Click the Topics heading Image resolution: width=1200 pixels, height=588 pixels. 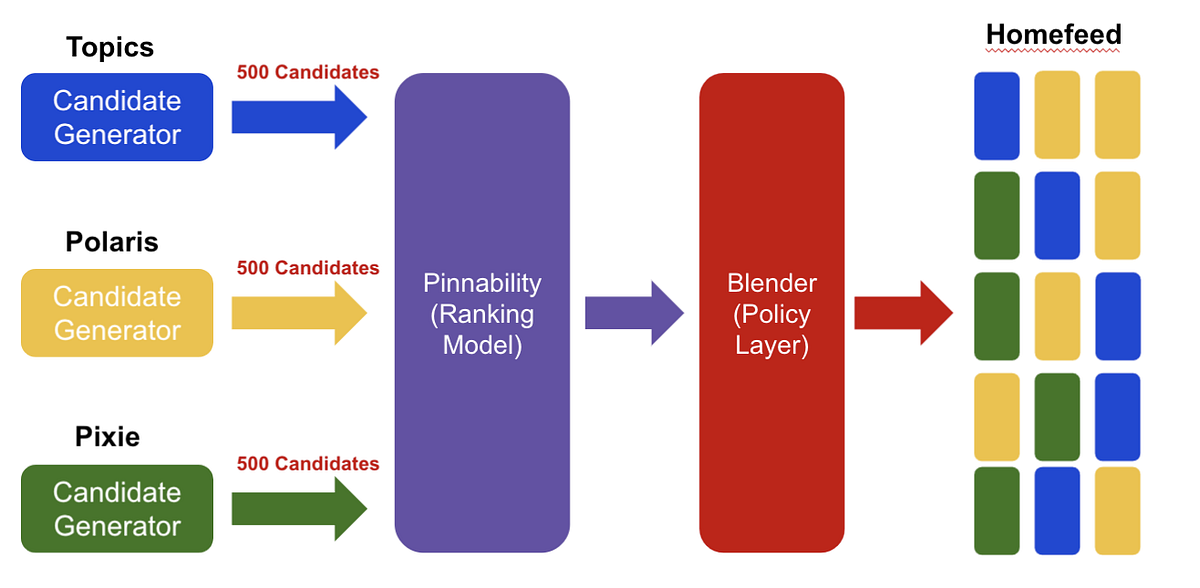tap(110, 47)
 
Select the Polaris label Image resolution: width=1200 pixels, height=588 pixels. tap(112, 242)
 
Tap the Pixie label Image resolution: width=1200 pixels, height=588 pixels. tap(107, 437)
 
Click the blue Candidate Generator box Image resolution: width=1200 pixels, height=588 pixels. tap(117, 117)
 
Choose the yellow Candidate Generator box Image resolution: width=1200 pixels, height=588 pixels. tap(117, 313)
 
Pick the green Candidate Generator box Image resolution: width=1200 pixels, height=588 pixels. tap(117, 509)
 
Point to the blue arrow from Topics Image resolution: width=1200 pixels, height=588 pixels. tap(298, 117)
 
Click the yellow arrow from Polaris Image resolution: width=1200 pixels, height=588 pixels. tap(298, 313)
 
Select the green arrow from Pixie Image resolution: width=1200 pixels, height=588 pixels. tap(298, 509)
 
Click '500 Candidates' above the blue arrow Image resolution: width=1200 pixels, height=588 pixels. tap(308, 72)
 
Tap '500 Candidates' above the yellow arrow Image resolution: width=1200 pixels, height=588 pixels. tap(308, 268)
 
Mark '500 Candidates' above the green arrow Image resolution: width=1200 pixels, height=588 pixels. tap(308, 464)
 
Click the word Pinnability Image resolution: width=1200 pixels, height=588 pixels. tap(482, 283)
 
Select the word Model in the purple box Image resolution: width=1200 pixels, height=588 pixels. tap(482, 346)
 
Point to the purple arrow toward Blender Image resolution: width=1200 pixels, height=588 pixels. tap(633, 313)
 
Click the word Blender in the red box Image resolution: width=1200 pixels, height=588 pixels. tap(771, 283)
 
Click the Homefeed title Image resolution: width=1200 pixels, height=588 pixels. tap(1053, 35)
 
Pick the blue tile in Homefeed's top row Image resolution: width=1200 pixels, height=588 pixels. tap(997, 116)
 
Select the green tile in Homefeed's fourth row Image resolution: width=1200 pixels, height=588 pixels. tap(1057, 416)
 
